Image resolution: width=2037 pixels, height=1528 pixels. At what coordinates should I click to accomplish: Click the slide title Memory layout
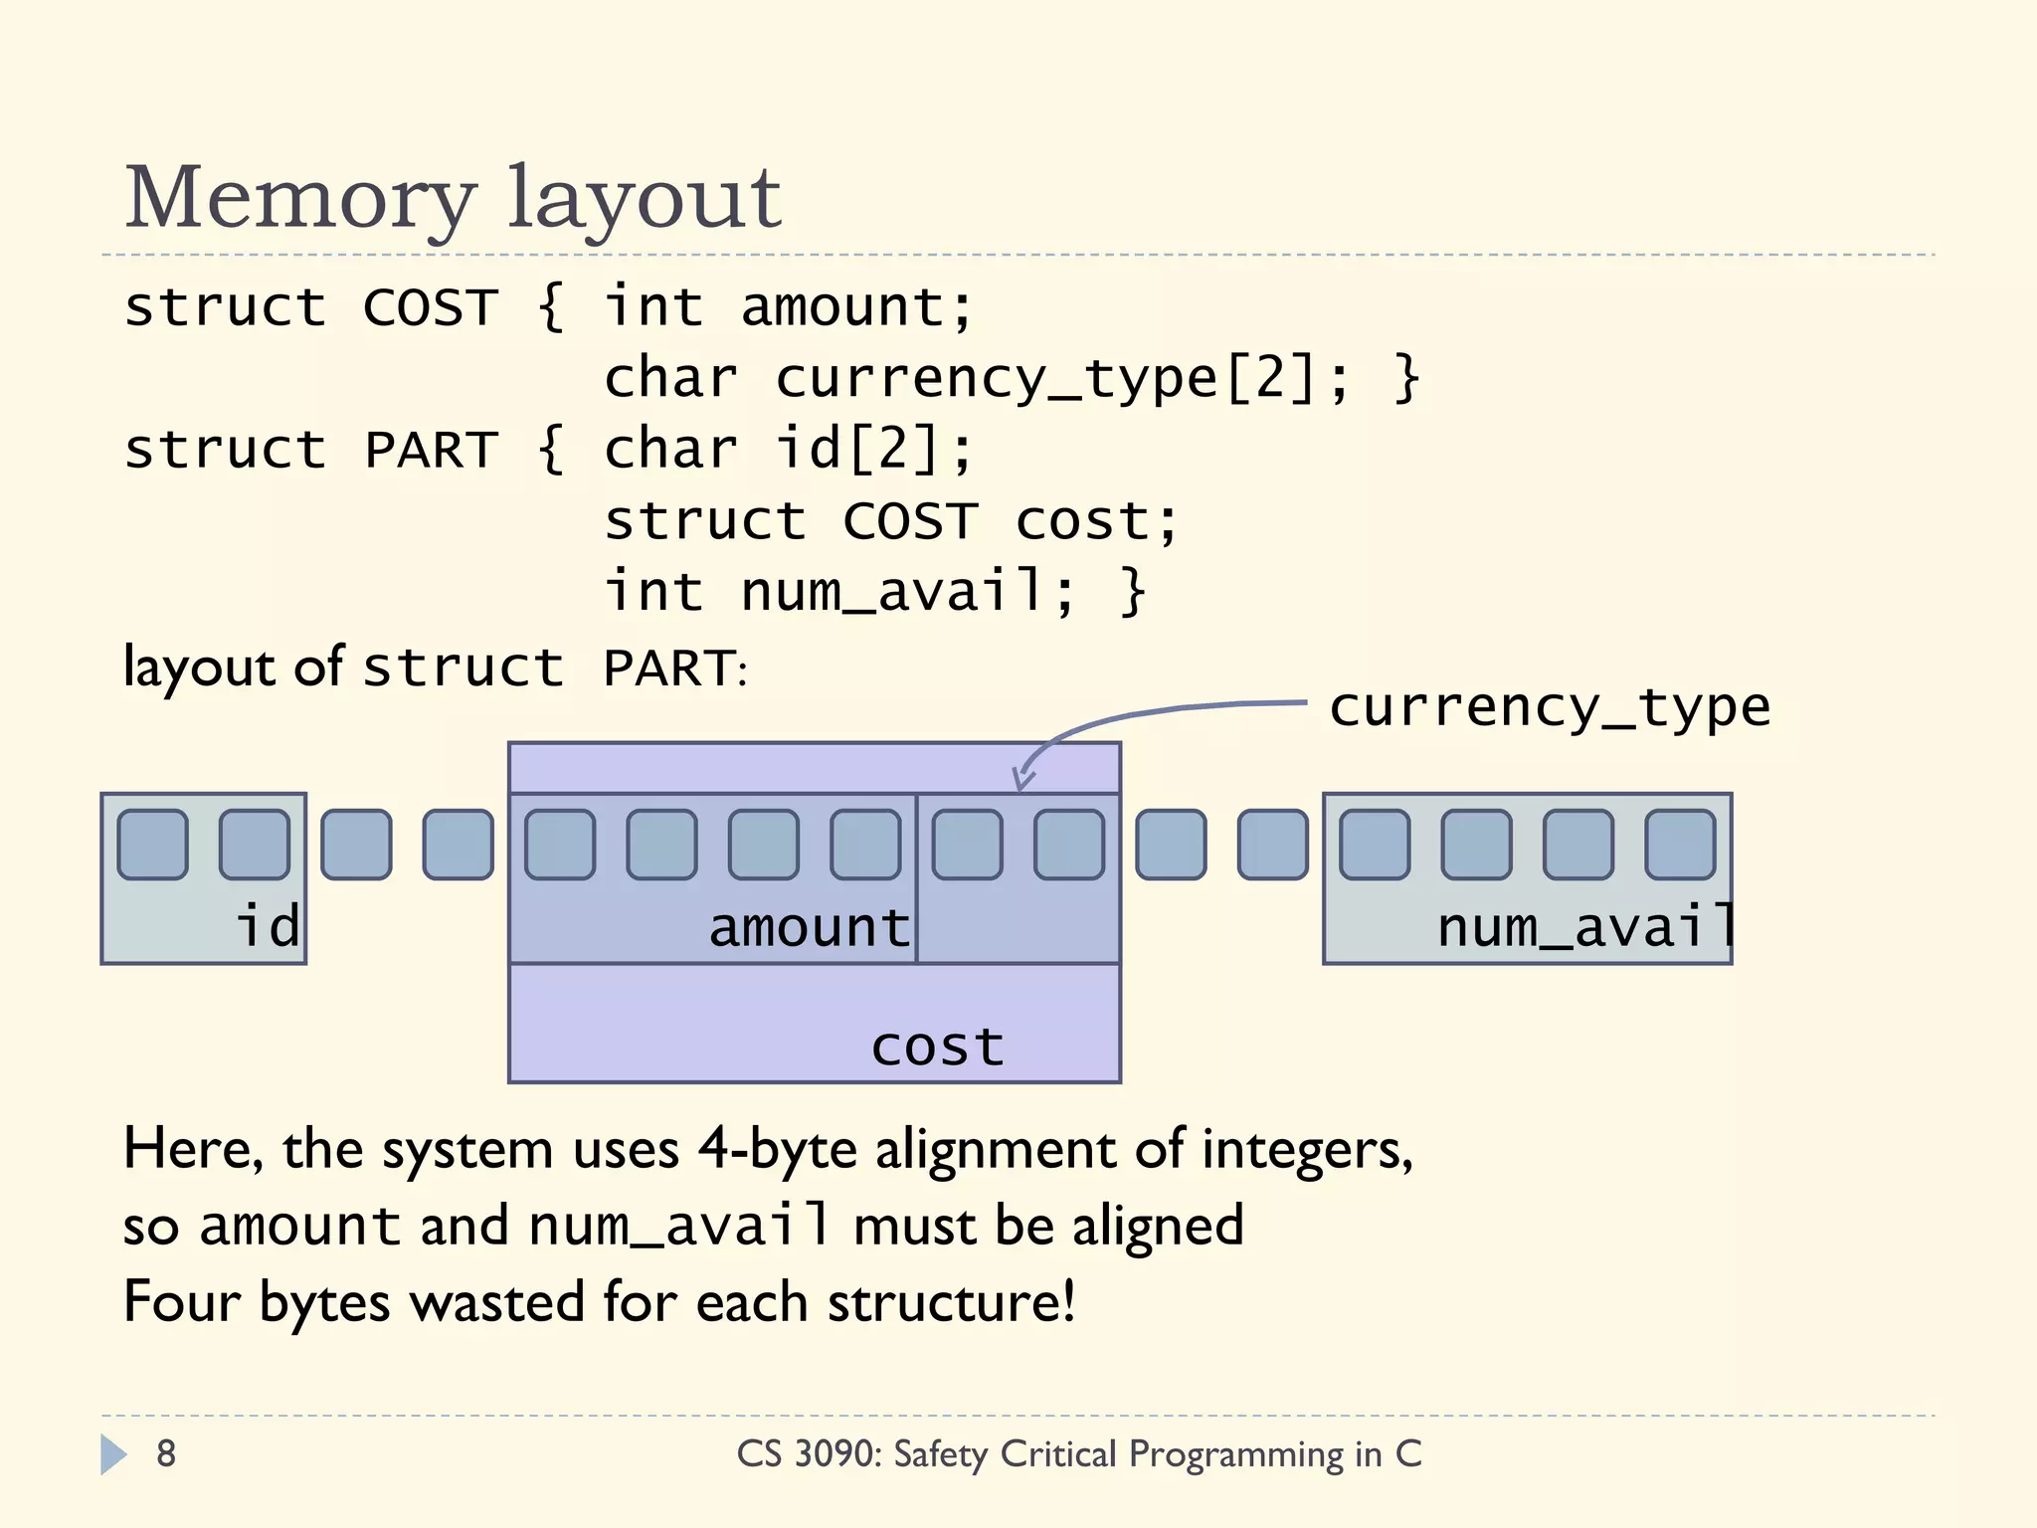click(453, 199)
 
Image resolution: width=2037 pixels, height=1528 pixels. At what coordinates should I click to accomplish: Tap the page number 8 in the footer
click(166, 1453)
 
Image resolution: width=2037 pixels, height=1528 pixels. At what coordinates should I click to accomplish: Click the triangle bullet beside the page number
click(113, 1454)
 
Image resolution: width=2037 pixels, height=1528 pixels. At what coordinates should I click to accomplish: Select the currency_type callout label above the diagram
click(1550, 708)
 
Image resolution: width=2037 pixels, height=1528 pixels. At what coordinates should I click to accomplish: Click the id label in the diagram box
click(268, 926)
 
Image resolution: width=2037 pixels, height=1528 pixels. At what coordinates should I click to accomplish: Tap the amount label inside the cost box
click(809, 927)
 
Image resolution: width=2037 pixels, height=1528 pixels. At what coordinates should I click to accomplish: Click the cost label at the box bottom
click(937, 1047)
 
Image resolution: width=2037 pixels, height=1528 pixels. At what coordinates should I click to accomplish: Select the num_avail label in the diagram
click(1585, 927)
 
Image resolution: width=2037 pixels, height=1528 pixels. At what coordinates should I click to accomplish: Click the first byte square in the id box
click(152, 845)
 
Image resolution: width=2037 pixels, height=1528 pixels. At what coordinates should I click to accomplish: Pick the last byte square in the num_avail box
click(1680, 845)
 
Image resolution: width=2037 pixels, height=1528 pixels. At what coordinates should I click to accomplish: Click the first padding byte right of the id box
click(356, 845)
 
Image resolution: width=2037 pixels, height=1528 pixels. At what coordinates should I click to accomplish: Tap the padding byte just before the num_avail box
click(1272, 845)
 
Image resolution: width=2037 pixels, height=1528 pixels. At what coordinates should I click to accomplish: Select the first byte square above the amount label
click(560, 845)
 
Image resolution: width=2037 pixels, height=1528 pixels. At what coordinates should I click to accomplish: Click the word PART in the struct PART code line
click(431, 450)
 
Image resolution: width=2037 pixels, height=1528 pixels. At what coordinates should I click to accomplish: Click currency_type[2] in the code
click(1047, 379)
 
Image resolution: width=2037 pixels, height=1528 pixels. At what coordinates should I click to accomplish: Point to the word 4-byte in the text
click(777, 1150)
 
